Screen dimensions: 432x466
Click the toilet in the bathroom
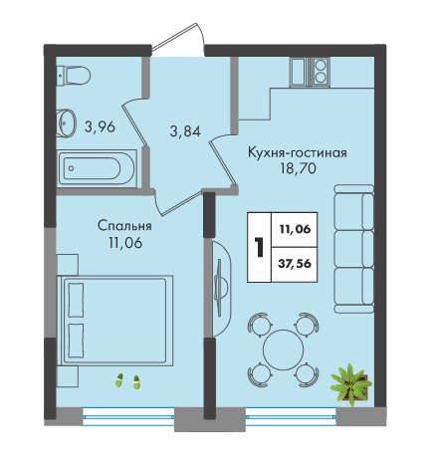coord(74,75)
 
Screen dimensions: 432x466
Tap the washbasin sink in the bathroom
coord(67,122)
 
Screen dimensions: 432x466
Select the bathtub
coord(97,168)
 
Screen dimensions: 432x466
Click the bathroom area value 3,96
coord(100,126)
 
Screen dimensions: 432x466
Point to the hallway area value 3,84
coord(185,131)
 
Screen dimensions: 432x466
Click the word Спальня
coord(124,226)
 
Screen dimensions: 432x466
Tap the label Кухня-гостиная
coord(298,153)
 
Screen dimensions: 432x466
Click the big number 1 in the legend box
coord(259,247)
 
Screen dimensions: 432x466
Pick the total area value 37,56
coord(295,264)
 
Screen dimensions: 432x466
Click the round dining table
coord(284,349)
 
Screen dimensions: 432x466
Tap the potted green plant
coord(351,384)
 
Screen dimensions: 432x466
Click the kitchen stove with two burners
coord(321,73)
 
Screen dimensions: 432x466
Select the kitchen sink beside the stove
coord(301,73)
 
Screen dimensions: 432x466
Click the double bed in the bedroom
coord(115,321)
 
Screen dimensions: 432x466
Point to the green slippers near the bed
coord(127,381)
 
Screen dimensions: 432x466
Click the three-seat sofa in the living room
coord(354,249)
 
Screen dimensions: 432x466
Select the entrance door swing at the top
coord(179,39)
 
